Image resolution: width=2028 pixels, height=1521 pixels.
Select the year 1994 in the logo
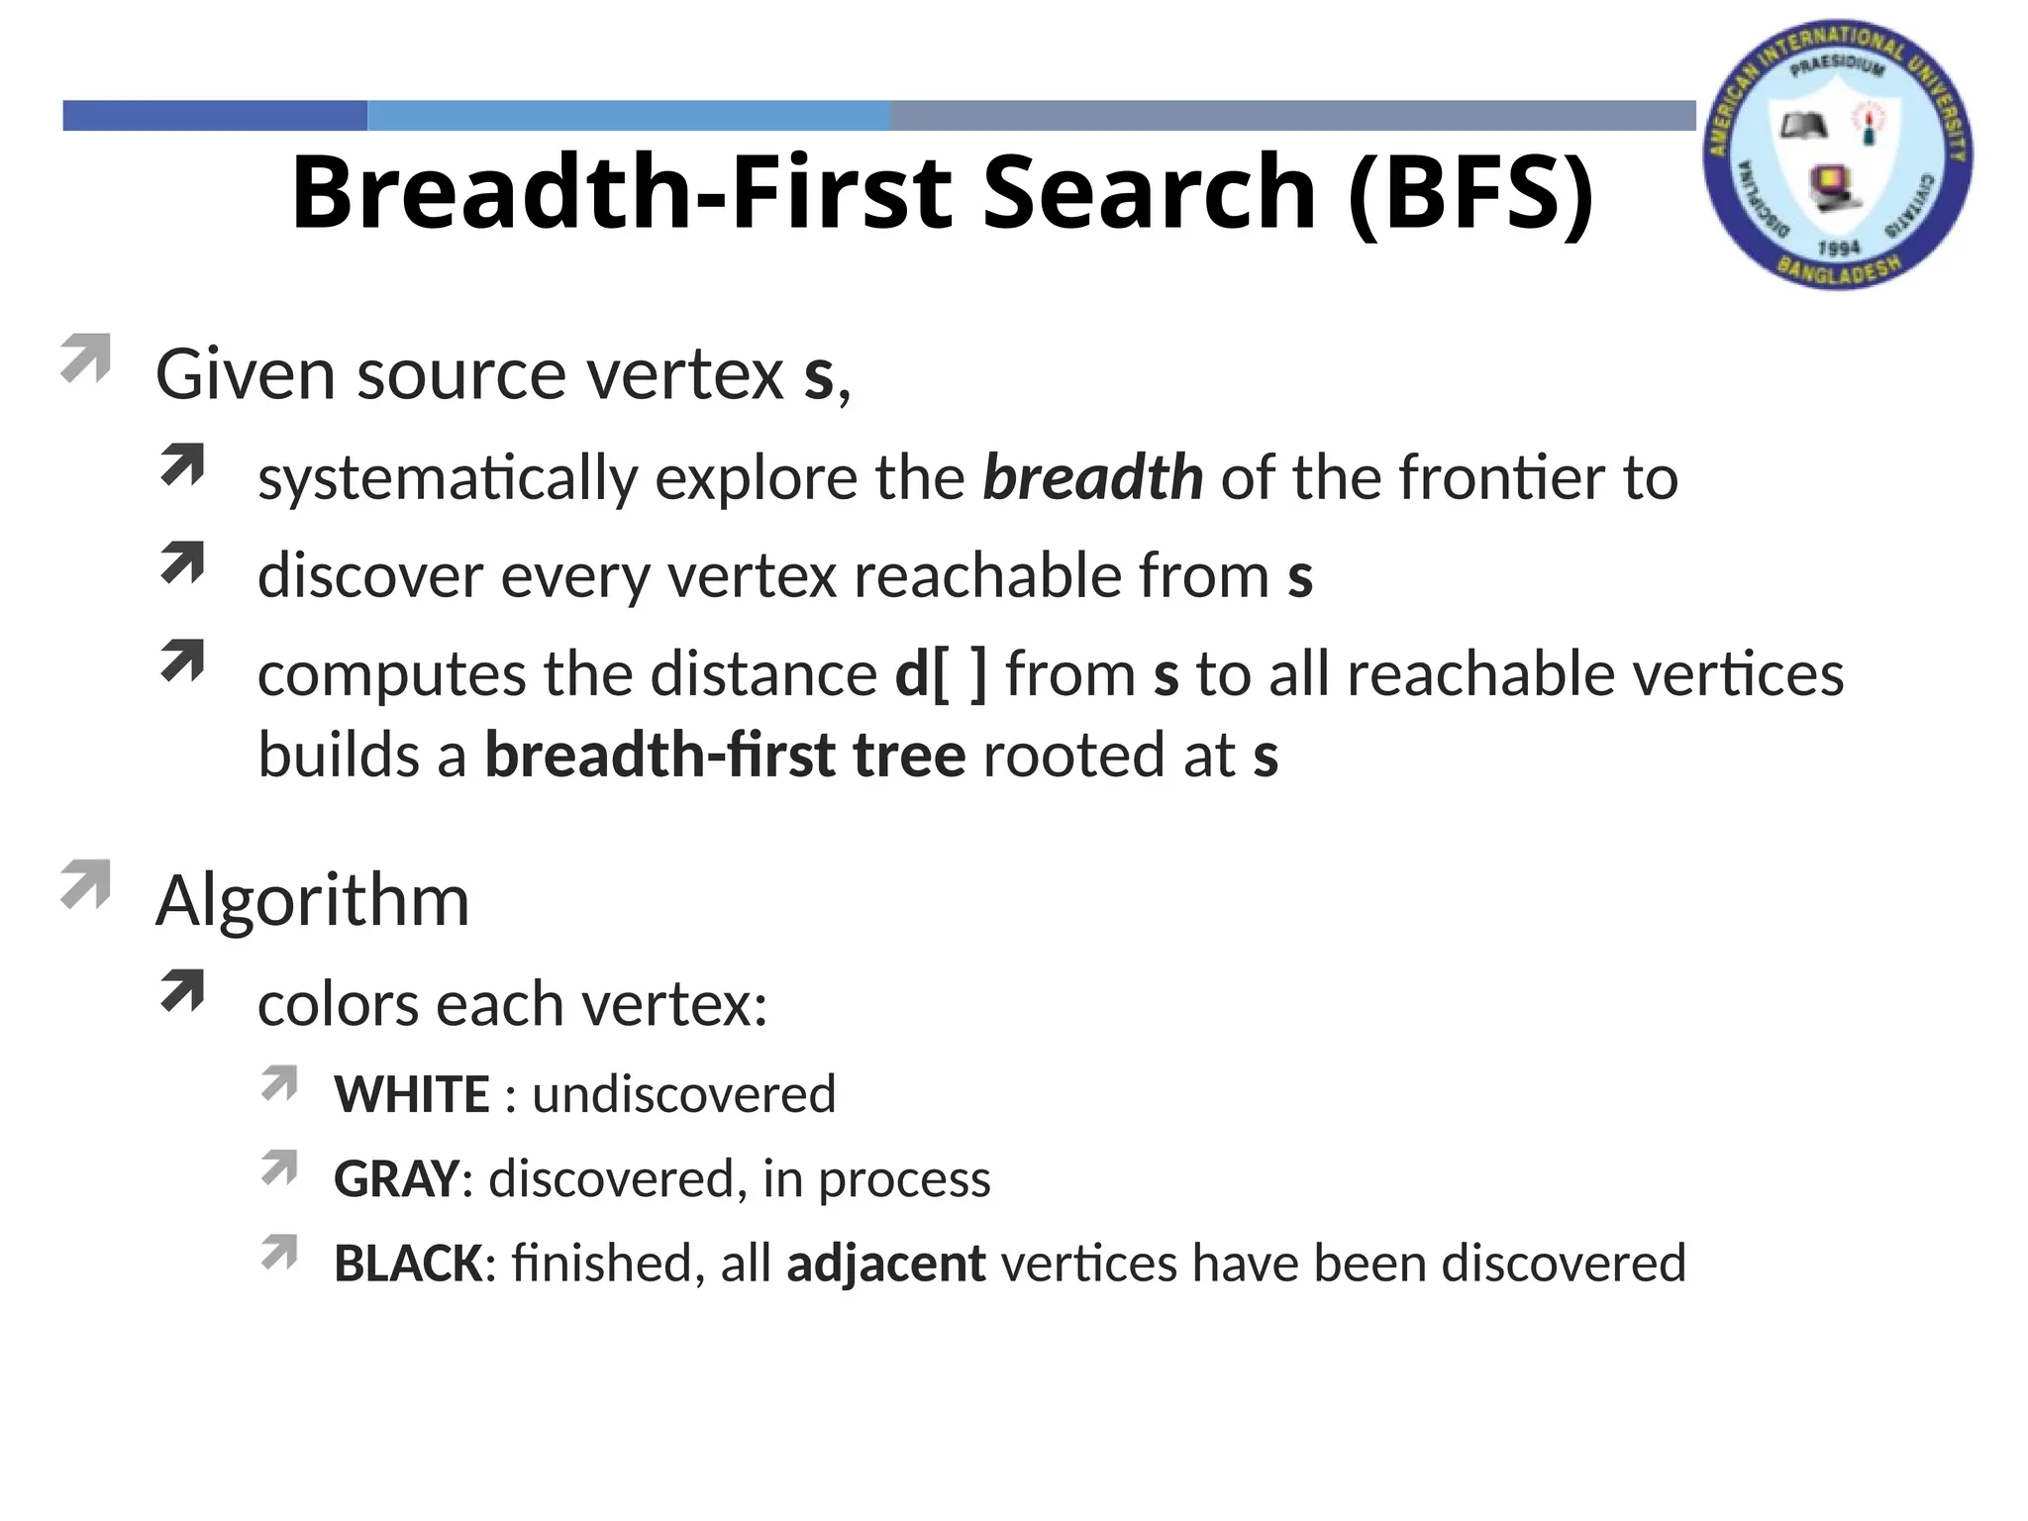1839,248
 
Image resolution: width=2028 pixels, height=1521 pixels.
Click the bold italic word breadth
1092,477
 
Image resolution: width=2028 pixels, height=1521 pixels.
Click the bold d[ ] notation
941,674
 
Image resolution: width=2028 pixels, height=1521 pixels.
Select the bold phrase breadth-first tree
724,756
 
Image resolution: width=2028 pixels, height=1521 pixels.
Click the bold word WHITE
412,1094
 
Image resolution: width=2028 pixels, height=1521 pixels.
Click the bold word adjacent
885,1264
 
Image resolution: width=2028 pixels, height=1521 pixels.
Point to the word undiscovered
684,1094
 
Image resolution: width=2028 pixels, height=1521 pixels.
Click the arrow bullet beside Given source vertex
85,358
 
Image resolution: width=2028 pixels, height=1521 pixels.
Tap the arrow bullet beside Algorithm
85,884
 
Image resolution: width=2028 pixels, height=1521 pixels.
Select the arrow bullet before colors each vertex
182,990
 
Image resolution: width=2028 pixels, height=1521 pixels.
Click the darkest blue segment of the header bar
215,116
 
